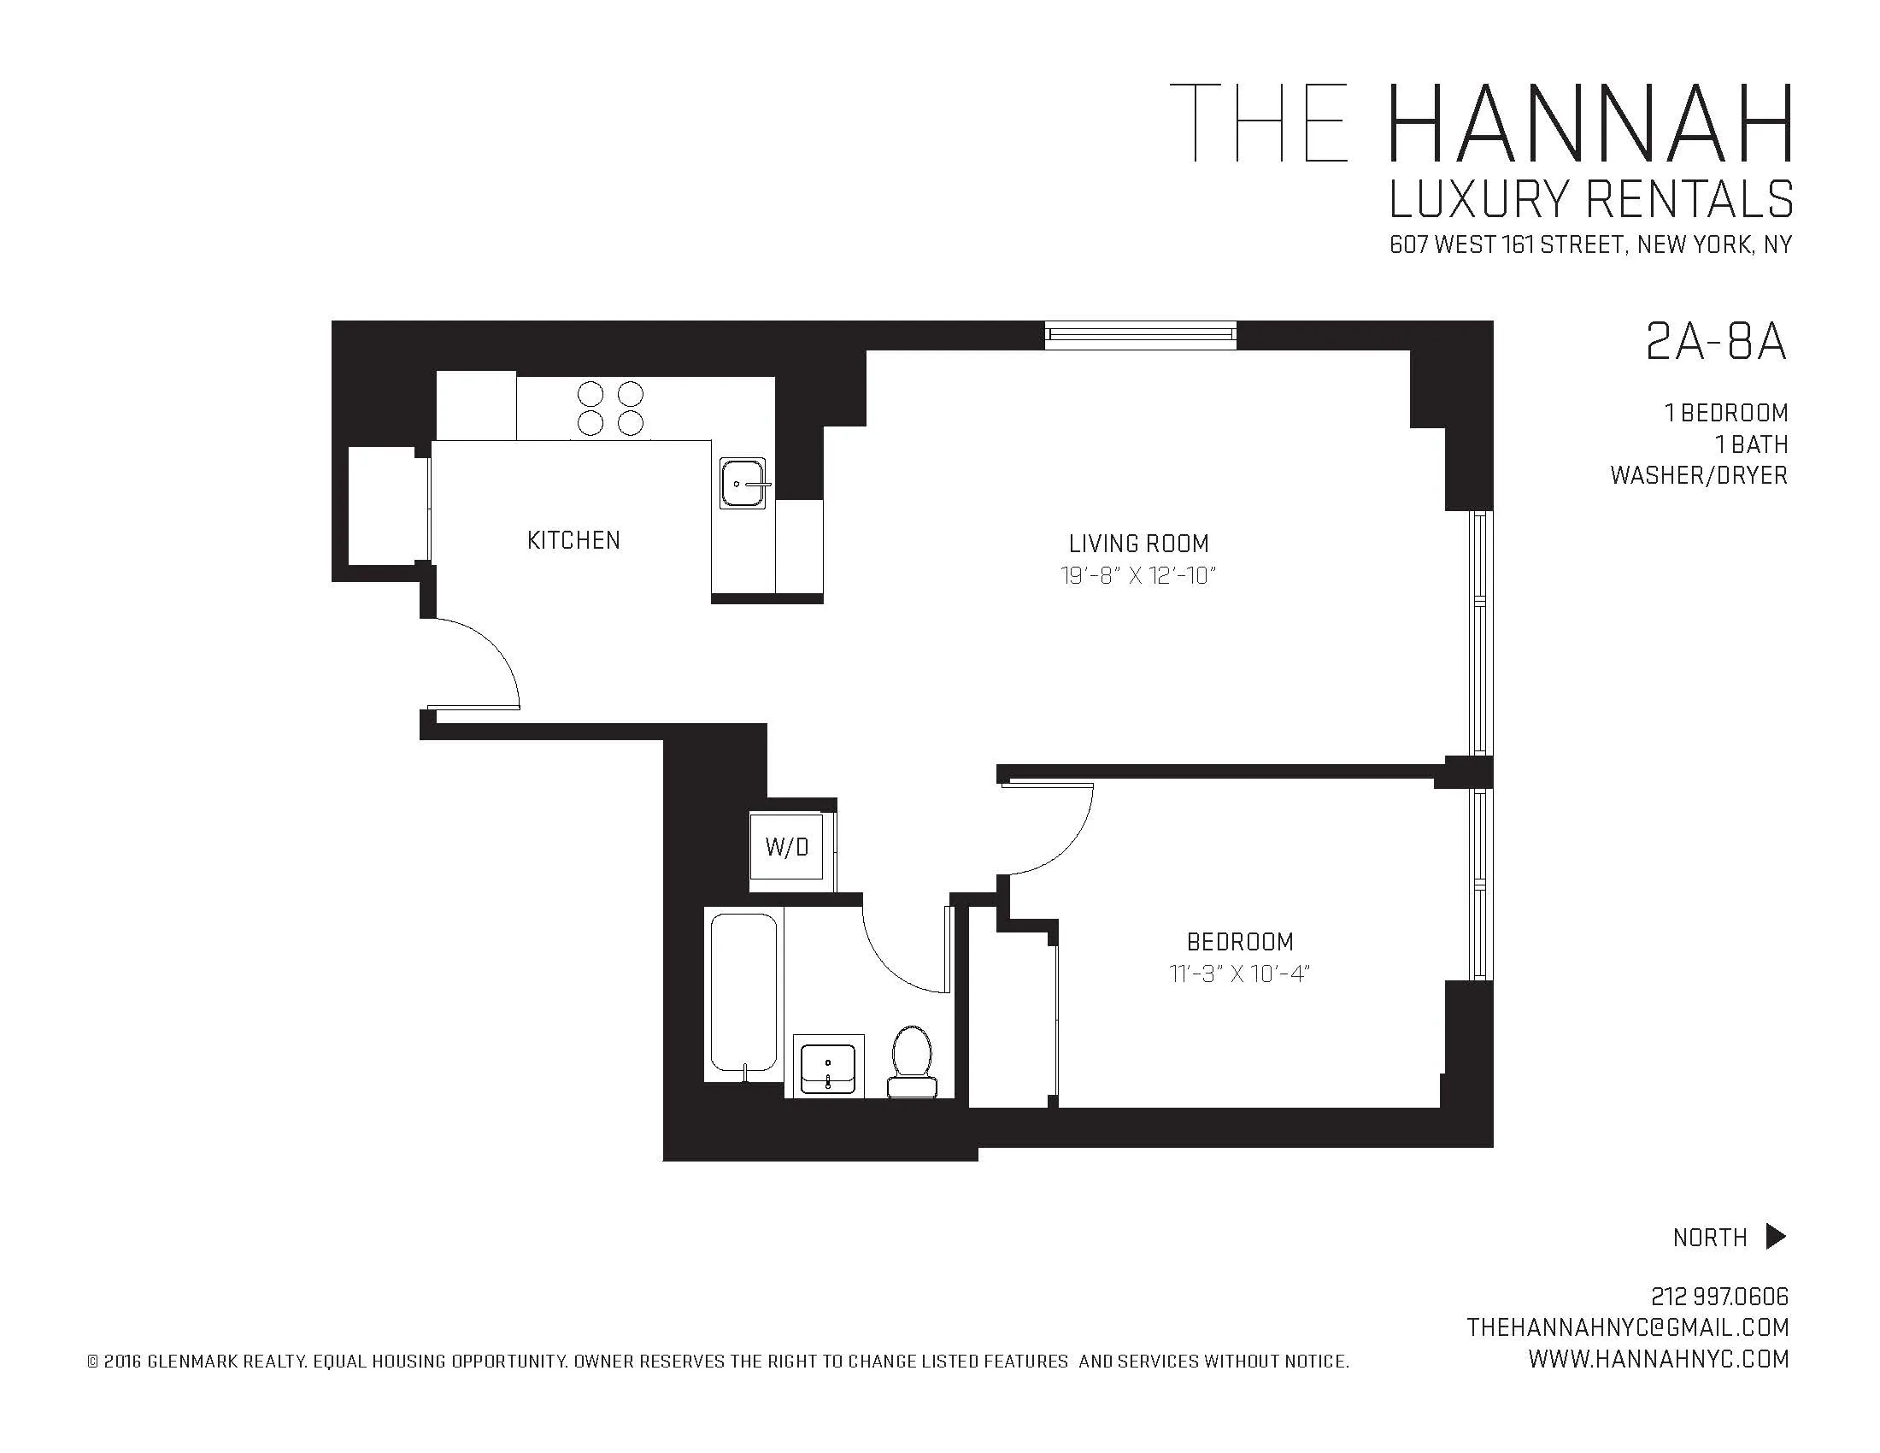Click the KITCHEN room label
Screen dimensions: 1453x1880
(573, 540)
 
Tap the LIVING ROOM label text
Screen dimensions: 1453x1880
(1138, 544)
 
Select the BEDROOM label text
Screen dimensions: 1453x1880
(1240, 942)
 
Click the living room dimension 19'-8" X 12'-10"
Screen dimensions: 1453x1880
(1138, 576)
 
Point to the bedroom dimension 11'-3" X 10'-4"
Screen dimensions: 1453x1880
(1240, 974)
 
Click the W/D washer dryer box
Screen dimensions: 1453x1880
(787, 848)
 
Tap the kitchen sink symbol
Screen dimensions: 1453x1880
(743, 483)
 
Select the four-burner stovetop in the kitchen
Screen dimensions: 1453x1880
(610, 408)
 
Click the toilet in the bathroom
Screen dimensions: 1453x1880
(912, 1061)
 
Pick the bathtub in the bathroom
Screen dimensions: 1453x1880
(743, 995)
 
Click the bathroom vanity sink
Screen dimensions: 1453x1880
(828, 1068)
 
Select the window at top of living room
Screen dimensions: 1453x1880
(1141, 335)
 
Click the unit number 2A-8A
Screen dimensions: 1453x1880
(1715, 343)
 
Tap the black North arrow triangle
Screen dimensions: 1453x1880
(1775, 1236)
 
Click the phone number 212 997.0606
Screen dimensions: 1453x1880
(1719, 1297)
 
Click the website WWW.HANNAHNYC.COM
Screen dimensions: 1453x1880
(1658, 1359)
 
